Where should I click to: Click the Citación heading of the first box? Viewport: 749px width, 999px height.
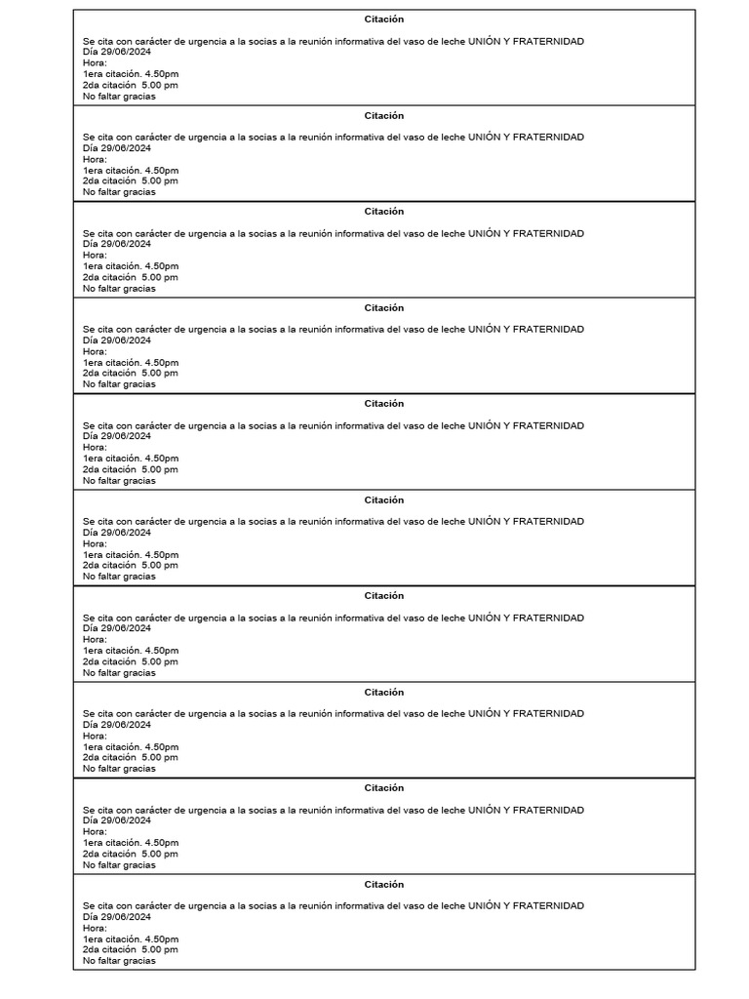pyautogui.click(x=384, y=20)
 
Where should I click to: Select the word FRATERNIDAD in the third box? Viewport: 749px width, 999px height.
pyautogui.click(x=548, y=233)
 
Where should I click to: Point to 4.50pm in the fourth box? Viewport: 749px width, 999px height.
pyautogui.click(x=162, y=362)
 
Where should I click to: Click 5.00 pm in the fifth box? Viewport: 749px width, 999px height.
pyautogui.click(x=160, y=469)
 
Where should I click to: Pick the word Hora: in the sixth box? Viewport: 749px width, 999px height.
pyautogui.click(x=95, y=543)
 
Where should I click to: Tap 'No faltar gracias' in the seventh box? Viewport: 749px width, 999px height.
pyautogui.click(x=119, y=672)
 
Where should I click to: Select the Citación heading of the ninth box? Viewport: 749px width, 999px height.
pyautogui.click(x=384, y=788)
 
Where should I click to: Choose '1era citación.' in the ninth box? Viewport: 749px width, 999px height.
pyautogui.click(x=111, y=842)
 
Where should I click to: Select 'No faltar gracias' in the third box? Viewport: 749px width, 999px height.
pyautogui.click(x=119, y=288)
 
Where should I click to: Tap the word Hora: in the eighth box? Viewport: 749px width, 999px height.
pyautogui.click(x=95, y=736)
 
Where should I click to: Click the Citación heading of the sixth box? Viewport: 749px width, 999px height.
pyautogui.click(x=384, y=500)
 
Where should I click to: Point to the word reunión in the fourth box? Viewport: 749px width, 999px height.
pyautogui.click(x=310, y=330)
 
